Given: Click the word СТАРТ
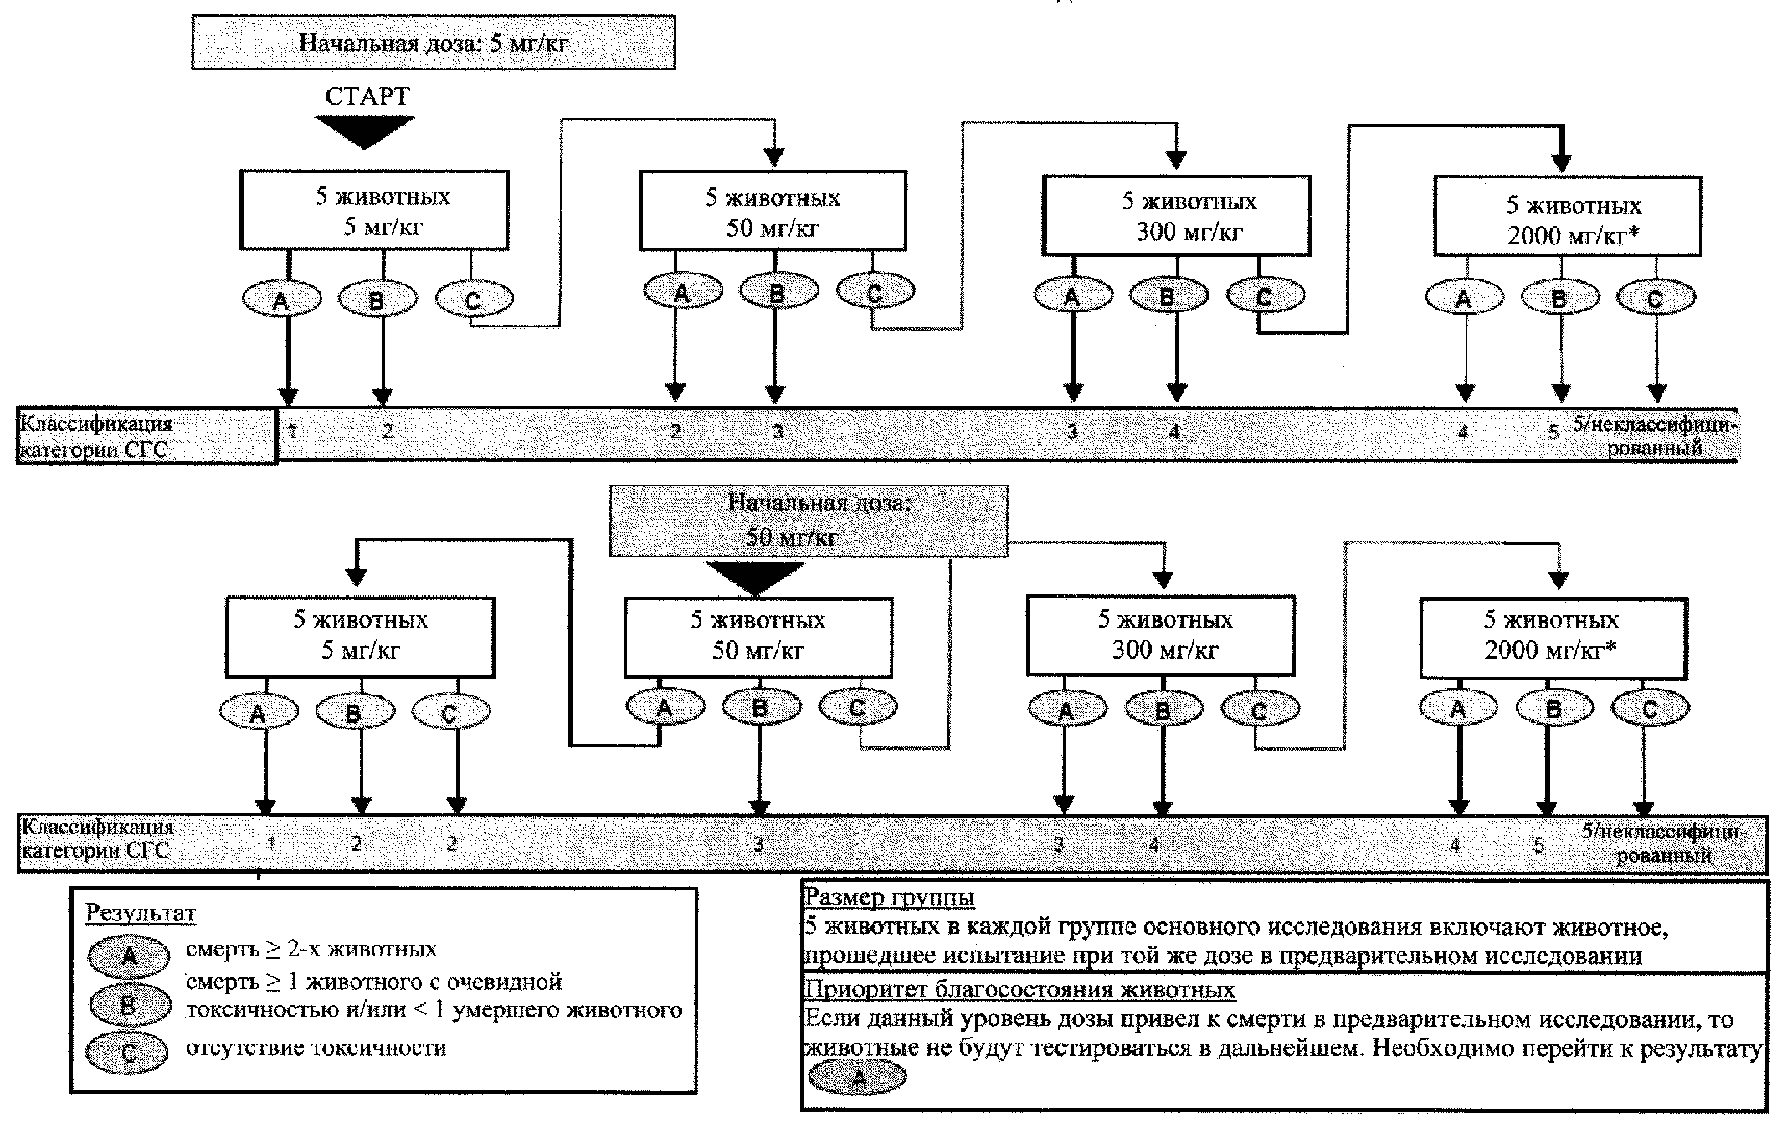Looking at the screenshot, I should click(x=367, y=96).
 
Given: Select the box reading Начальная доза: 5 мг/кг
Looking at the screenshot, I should click(x=433, y=42).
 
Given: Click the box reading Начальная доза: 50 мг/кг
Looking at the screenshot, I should click(x=809, y=520).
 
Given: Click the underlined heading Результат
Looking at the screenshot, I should click(x=140, y=912).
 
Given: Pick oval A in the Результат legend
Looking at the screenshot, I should click(x=129, y=955).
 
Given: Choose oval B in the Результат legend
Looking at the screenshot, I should click(x=129, y=1005).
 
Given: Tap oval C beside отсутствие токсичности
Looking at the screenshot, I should click(x=129, y=1053).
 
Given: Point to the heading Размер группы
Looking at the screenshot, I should click(x=889, y=898).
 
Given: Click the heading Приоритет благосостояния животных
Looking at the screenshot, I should click(x=1019, y=989).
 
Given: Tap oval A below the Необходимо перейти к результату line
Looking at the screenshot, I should click(x=857, y=1078).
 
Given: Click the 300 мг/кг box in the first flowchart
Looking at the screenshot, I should click(x=1176, y=216).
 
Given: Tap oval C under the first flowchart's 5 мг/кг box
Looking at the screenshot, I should click(x=474, y=299).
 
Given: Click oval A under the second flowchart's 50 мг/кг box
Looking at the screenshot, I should click(x=665, y=707).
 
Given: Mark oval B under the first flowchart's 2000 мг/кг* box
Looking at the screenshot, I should click(x=1559, y=297).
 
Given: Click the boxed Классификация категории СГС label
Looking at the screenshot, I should click(x=146, y=436).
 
